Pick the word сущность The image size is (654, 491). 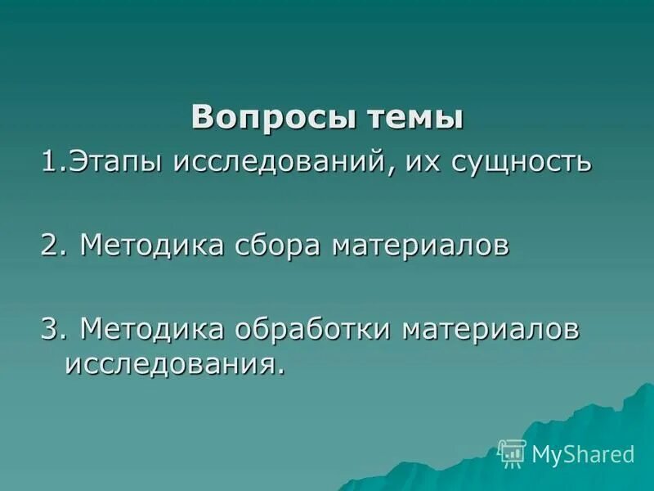pos(518,161)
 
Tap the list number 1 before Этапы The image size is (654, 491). pos(51,160)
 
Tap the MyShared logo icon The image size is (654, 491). pos(512,453)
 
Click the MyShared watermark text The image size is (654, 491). pos(582,453)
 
